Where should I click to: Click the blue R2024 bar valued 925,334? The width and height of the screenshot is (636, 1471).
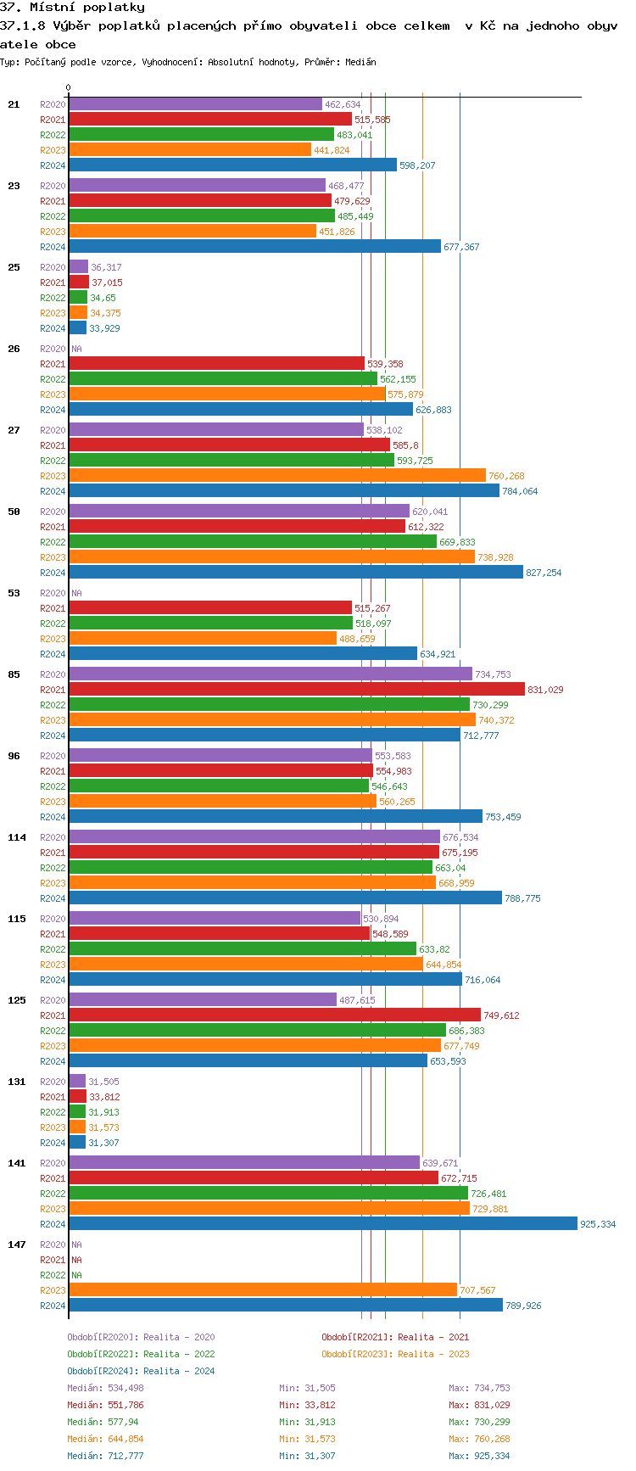click(x=322, y=1224)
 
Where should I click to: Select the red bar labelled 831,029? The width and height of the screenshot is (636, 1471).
click(x=297, y=690)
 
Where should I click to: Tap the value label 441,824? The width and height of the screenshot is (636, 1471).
click(x=332, y=150)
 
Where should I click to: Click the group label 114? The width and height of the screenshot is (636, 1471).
click(x=17, y=837)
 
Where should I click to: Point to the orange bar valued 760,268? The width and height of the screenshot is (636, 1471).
click(x=277, y=476)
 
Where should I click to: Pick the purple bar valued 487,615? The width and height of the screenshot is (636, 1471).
click(x=203, y=1000)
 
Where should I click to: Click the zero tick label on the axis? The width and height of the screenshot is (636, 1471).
click(x=69, y=87)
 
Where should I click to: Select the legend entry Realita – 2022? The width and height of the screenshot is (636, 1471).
click(x=141, y=1354)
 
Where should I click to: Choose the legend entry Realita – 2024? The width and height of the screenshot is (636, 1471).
click(x=141, y=1371)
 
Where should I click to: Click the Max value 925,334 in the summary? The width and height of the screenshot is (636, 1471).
click(x=479, y=1456)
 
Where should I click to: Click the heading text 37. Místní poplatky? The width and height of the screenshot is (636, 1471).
click(x=72, y=8)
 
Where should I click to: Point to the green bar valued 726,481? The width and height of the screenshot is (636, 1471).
click(x=268, y=1194)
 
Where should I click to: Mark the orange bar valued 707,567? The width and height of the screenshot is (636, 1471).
click(x=263, y=1290)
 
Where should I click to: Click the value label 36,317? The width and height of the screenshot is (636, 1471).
click(x=106, y=267)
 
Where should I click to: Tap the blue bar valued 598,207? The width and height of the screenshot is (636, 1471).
click(x=232, y=165)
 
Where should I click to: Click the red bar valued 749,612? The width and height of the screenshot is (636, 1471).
click(x=275, y=1015)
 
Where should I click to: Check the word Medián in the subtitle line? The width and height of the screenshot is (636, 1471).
click(x=360, y=62)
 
